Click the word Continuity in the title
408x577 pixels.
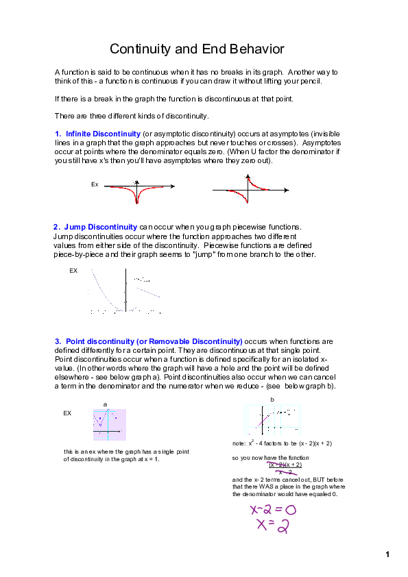pos(140,49)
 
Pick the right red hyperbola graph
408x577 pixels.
pos(246,190)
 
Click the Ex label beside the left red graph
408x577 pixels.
pos(95,184)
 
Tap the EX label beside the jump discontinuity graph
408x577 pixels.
pos(73,271)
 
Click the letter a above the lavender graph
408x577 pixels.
pos(105,404)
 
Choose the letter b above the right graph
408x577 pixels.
pos(272,399)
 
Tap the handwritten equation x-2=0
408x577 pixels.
pos(273,510)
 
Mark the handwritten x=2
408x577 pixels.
pos(273,525)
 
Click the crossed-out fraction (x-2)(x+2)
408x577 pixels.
pos(285,467)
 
